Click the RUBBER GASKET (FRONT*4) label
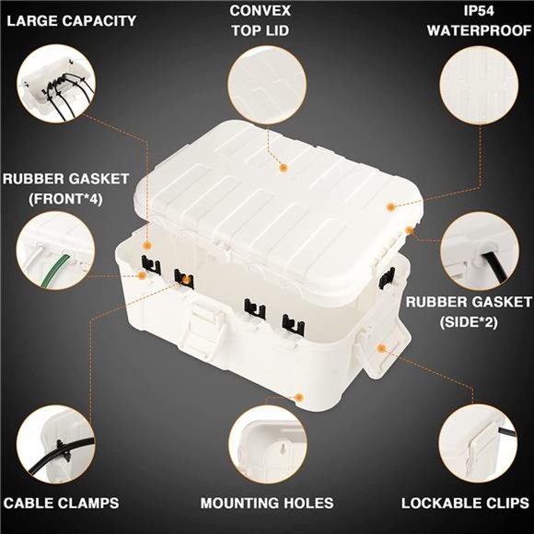(65, 188)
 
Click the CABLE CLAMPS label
(61, 504)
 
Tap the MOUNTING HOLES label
(267, 504)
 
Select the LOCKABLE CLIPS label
(464, 504)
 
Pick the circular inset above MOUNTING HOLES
(267, 445)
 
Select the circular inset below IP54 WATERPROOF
(479, 85)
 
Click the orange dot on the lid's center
(284, 168)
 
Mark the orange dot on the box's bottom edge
(300, 397)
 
